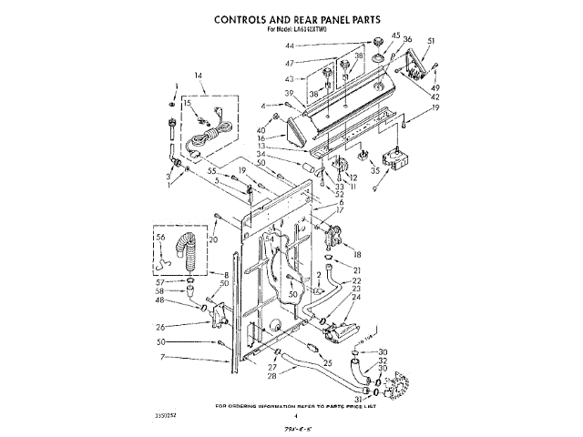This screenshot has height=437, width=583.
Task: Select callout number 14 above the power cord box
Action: pyautogui.click(x=199, y=75)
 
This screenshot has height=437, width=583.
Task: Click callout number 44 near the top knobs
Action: pyautogui.click(x=290, y=45)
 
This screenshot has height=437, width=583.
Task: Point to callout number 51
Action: pyautogui.click(x=431, y=42)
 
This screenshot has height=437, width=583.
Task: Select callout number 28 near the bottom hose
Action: pyautogui.click(x=271, y=375)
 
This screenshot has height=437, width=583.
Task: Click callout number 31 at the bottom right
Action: pyautogui.click(x=357, y=396)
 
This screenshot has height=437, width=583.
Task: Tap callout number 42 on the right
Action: pyautogui.click(x=435, y=97)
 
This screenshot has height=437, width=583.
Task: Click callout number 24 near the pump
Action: pyautogui.click(x=356, y=297)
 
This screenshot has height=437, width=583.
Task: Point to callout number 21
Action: pyautogui.click(x=357, y=271)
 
